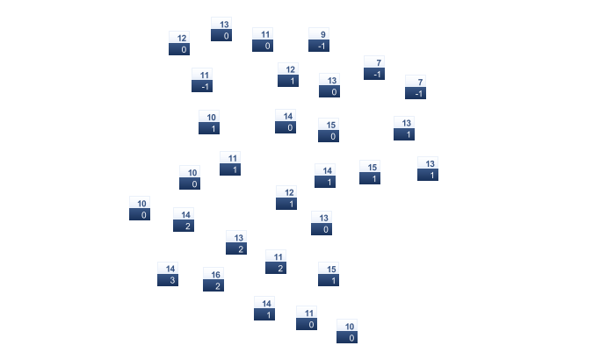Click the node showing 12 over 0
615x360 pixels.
point(179,43)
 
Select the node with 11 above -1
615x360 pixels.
point(202,80)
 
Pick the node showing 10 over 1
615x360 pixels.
point(209,122)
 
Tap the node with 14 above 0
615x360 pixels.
point(286,121)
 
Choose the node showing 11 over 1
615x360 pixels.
point(230,163)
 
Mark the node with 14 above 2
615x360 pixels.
point(184,220)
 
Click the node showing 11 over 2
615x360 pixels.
point(276,262)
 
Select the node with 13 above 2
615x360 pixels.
point(236,242)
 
